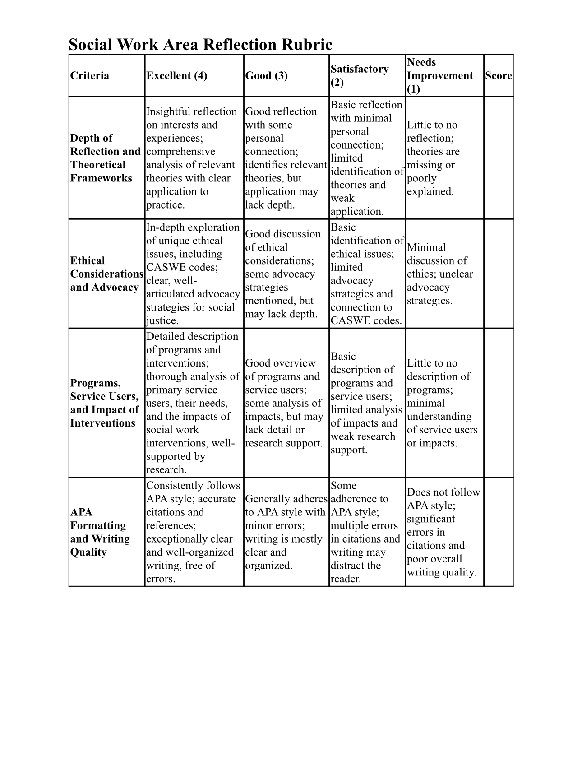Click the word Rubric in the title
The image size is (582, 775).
coord(307,45)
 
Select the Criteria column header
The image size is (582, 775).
coord(90,75)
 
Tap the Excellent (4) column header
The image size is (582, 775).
coord(176,75)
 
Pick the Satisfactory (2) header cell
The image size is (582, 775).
coord(359,75)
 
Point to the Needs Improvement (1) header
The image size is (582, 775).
coord(439,75)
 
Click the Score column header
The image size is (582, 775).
coord(498,75)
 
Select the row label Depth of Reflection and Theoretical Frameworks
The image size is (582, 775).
coord(105,158)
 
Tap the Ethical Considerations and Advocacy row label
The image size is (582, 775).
coord(106,274)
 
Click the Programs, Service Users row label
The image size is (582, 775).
coord(104,403)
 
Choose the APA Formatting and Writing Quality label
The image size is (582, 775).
coord(100,532)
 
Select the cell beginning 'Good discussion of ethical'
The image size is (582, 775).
coord(283,274)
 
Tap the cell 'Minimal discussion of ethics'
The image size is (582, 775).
coord(439,274)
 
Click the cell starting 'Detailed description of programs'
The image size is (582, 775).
coord(193,403)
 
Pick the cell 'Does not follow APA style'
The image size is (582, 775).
coord(443,532)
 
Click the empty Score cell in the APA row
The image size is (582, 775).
coord(498,532)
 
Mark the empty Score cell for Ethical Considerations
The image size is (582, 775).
coord(498,274)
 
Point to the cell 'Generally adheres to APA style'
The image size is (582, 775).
coord(286,532)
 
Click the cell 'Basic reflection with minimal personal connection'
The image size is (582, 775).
coord(366,158)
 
